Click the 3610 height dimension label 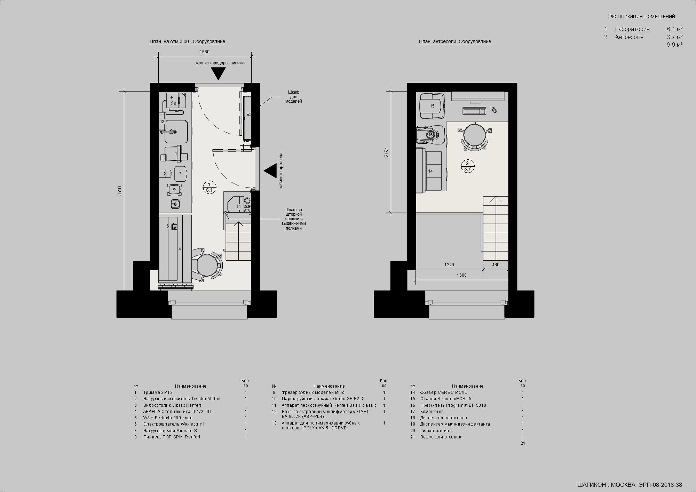point(119,191)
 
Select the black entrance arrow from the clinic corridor point(218,73)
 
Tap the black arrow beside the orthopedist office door point(270,171)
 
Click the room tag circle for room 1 point(209,187)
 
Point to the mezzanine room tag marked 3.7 point(467,166)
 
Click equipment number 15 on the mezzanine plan point(432,106)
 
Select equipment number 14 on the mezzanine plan point(430,171)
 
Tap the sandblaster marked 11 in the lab point(238,206)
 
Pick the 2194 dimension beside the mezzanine point(386,152)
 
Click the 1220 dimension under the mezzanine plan point(449,265)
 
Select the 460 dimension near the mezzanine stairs point(496,265)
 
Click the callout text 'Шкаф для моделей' point(293,97)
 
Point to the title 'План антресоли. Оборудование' point(455,42)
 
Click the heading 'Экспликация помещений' point(641,16)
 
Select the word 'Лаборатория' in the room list point(632,29)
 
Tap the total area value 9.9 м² point(675,45)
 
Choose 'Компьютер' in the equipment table point(432,412)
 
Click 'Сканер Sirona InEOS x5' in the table point(445,399)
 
